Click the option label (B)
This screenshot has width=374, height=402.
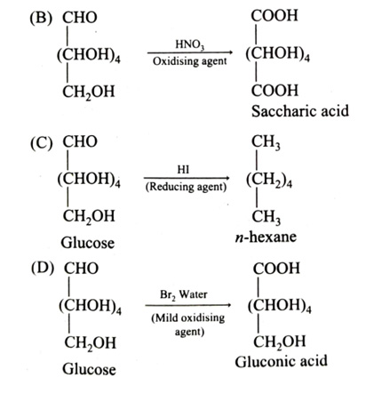tap(41, 18)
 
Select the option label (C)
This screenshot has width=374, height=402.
tap(41, 142)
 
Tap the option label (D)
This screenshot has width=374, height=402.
tap(43, 269)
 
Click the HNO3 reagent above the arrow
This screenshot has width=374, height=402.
tap(190, 44)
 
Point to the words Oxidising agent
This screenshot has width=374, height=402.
tap(190, 61)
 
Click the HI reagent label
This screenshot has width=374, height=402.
tap(183, 170)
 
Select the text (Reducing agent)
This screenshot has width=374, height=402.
tap(186, 187)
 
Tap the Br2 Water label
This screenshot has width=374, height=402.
tap(184, 295)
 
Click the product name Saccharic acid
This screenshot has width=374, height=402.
tap(300, 111)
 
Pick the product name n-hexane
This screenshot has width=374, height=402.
tap(266, 237)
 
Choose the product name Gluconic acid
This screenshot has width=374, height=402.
tap(282, 362)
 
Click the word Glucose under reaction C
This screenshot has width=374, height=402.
tap(88, 243)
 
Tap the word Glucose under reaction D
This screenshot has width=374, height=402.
tap(89, 369)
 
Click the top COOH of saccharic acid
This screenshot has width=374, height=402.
tap(275, 16)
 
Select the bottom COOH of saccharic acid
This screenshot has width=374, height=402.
tap(275, 91)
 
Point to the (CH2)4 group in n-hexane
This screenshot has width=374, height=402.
tap(269, 180)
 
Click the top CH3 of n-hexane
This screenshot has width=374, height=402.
tap(266, 142)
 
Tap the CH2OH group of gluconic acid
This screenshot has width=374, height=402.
tap(279, 342)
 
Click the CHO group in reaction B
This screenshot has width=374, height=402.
tap(80, 18)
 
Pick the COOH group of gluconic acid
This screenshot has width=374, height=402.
tap(276, 269)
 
